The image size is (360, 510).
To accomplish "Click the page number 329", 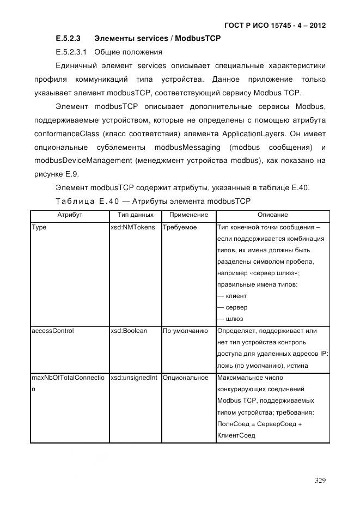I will [x=320, y=481].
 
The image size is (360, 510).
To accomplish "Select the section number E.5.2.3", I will [x=68, y=39].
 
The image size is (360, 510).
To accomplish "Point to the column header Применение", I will [x=188, y=215].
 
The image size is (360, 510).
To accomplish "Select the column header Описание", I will [x=272, y=215].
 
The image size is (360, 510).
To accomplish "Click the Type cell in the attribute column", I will [x=40, y=227].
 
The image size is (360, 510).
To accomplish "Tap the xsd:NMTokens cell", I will [x=132, y=227].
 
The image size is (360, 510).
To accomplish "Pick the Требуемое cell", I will [x=180, y=227].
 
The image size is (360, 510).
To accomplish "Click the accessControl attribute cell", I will [x=53, y=331].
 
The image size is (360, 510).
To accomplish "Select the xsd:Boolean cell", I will [x=129, y=331].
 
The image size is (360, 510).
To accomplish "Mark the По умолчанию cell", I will [x=185, y=331].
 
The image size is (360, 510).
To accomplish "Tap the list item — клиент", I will [x=231, y=296].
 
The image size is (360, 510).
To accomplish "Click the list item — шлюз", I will [x=230, y=319].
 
